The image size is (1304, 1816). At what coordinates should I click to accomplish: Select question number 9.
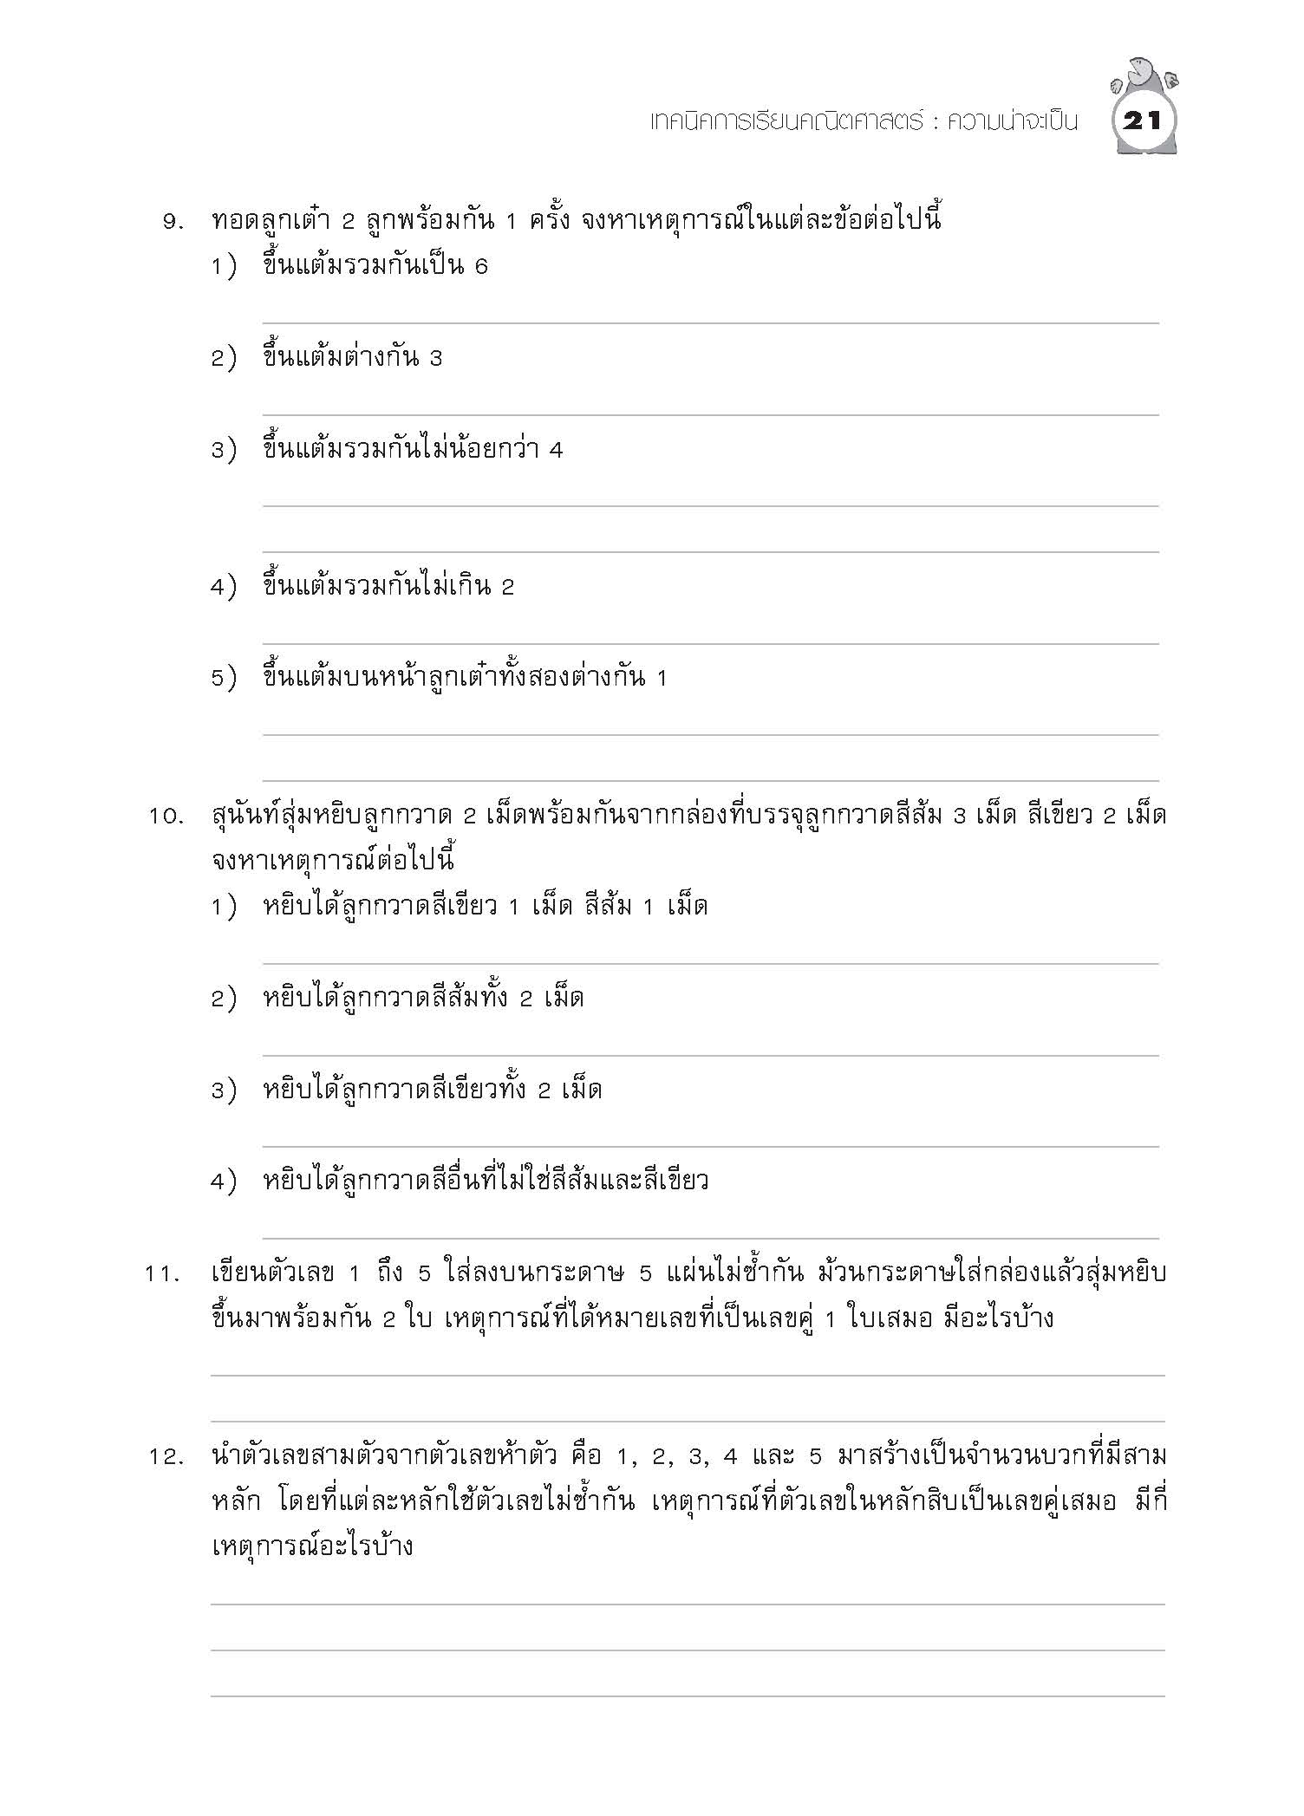point(173,222)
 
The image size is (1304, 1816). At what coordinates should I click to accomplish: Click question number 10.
point(166,817)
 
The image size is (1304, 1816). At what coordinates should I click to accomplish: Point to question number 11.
point(166,1275)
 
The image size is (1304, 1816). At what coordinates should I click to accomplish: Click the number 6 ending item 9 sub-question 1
point(481,267)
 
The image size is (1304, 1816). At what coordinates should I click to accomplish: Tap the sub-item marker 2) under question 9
point(223,358)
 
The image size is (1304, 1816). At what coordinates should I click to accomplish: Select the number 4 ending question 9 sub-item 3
point(556,450)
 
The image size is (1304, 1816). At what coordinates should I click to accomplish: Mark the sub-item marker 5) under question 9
point(223,678)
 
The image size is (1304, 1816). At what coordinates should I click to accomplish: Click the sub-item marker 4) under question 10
point(223,1181)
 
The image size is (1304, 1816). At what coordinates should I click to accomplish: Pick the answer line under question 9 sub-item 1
point(710,322)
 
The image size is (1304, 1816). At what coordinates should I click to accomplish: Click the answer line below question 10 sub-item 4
point(710,1237)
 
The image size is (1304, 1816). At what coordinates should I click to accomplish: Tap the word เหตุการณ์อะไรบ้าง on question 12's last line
point(312,1547)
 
